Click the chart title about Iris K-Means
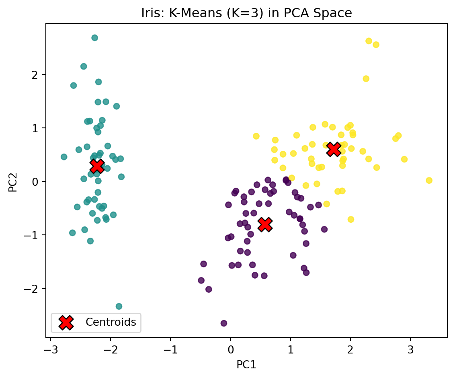246,13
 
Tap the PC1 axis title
246,364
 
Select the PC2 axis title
13,180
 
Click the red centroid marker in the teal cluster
97,166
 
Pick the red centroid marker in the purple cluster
265,224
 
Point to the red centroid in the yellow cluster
333,149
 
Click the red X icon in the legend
66,322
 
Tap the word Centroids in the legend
111,322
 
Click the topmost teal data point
94,38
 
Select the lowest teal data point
119,306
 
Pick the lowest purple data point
224,323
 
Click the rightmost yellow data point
429,181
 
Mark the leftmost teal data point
64,157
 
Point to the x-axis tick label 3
410,348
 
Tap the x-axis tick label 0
230,348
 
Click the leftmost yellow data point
256,136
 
